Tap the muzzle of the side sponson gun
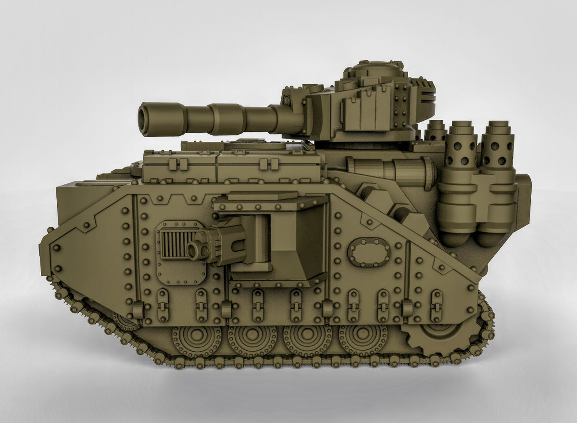(x=193, y=250)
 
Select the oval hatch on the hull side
(x=369, y=252)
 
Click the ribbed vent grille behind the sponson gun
(x=173, y=244)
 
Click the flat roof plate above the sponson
(x=262, y=195)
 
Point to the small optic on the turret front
(x=288, y=100)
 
